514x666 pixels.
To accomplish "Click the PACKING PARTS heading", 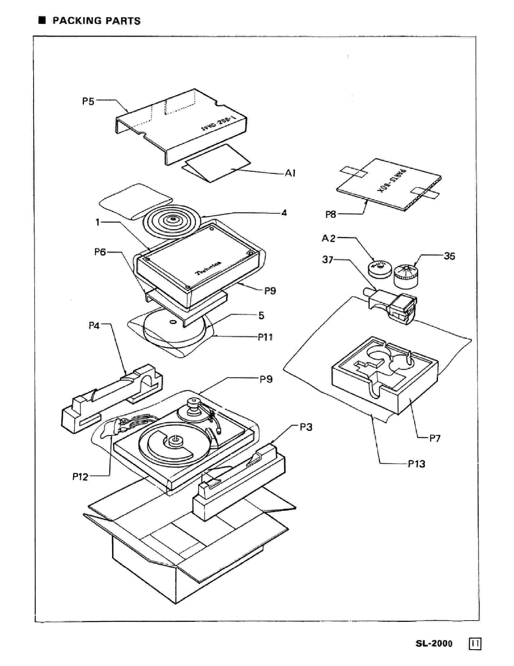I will [x=96, y=21].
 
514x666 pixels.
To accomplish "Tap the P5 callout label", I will [x=88, y=101].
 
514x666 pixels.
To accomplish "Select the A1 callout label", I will [x=290, y=173].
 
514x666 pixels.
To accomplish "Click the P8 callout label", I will [x=331, y=214].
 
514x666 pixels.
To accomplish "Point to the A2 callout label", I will [x=328, y=238].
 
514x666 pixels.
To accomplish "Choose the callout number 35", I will [x=449, y=256].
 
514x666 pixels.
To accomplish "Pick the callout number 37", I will [x=328, y=260].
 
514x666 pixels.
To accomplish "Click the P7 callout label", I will [x=435, y=438].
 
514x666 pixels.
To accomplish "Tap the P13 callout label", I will [x=417, y=464].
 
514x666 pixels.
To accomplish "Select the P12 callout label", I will [x=80, y=476].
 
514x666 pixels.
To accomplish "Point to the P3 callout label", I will [x=306, y=427].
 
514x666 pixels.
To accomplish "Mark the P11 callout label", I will [x=265, y=337].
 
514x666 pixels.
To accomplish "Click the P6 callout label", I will [x=100, y=252].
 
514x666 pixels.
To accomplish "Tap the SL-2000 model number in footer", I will [x=434, y=644].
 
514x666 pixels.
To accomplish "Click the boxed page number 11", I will [x=475, y=644].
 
